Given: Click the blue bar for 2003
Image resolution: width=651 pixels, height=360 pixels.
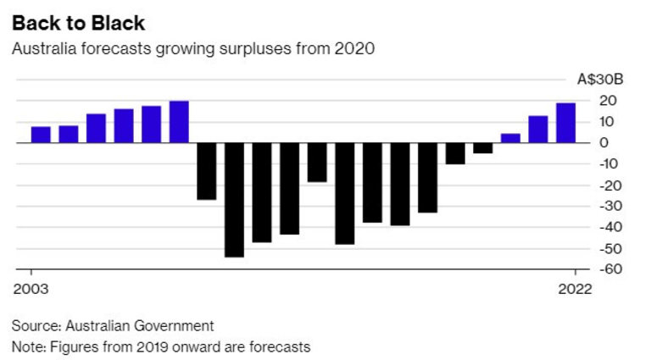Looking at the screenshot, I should (41, 134).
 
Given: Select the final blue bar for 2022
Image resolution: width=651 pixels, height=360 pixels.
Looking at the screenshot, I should (565, 123).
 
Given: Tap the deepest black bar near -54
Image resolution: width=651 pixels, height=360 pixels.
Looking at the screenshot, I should (234, 199).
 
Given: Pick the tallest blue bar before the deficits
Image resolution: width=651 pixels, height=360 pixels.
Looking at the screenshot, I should (179, 122).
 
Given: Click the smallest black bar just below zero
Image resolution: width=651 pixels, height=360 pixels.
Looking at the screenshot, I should (482, 147).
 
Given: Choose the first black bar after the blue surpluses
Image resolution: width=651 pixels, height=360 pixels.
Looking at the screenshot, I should (207, 170).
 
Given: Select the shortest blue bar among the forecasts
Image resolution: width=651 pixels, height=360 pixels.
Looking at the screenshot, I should (510, 138).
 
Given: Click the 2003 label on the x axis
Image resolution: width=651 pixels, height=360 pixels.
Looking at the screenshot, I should (31, 288).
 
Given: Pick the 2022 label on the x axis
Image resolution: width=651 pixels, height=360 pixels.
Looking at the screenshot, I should (576, 288).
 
